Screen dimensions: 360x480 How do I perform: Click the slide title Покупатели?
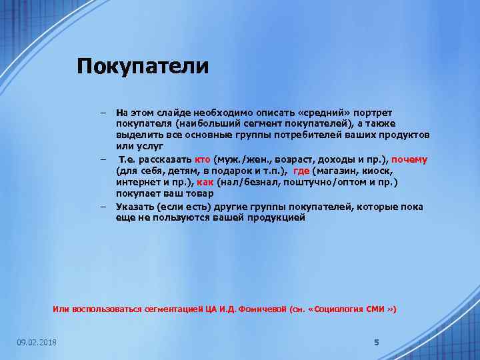pyautogui.click(x=143, y=67)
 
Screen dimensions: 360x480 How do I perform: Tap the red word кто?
pyautogui.click(x=203, y=160)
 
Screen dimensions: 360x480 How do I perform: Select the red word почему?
pyautogui.click(x=409, y=160)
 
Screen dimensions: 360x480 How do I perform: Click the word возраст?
pyautogui.click(x=291, y=160)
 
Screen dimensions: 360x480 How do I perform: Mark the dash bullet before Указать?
pyautogui.click(x=104, y=207)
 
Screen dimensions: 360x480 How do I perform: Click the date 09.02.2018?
pyautogui.click(x=37, y=343)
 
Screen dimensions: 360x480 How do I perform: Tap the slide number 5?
pyautogui.click(x=376, y=342)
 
